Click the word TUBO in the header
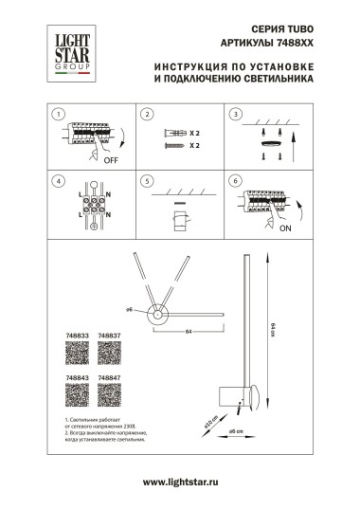coord(298,30)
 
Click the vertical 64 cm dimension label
coord(273,328)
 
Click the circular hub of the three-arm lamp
coord(159,318)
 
